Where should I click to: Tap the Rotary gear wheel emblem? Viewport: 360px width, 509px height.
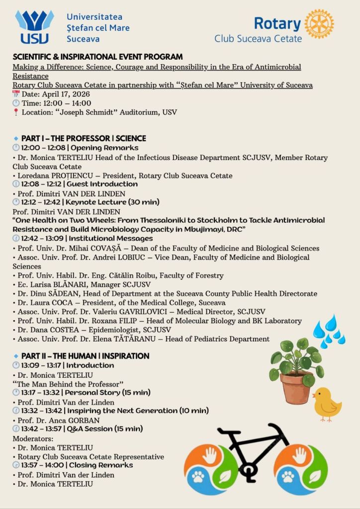coord(319,23)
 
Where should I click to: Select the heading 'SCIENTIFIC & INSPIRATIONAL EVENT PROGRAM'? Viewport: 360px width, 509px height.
coord(97,57)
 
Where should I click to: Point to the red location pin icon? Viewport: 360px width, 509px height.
coord(16,112)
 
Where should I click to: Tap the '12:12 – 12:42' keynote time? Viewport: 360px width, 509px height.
coord(42,202)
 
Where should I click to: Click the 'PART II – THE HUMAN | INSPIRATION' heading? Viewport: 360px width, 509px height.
coord(85,356)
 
